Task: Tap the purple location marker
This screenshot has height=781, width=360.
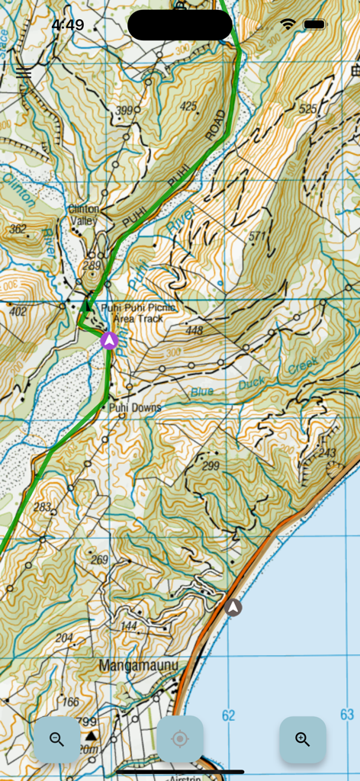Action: coord(108,340)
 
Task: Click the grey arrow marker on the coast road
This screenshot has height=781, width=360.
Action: coord(233,608)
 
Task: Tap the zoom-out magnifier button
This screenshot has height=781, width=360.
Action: coord(56,739)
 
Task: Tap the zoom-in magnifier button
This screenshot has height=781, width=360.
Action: coord(303,739)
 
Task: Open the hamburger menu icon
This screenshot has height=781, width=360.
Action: coord(24,72)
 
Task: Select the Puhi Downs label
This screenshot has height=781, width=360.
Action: coord(135,408)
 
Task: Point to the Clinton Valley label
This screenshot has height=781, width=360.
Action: coord(84,215)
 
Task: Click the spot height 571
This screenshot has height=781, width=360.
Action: coord(257,236)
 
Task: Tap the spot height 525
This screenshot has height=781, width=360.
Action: coord(308,109)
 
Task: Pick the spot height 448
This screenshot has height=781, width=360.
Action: coord(194,330)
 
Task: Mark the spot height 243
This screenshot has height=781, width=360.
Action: coord(327,453)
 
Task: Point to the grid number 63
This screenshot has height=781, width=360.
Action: coord(347,715)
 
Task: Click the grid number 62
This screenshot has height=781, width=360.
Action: coord(229,715)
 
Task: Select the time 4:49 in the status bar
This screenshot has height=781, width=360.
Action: coord(68,25)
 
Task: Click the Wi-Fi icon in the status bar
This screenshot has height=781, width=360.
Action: coord(288,24)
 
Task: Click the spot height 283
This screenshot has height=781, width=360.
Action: coord(42,507)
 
